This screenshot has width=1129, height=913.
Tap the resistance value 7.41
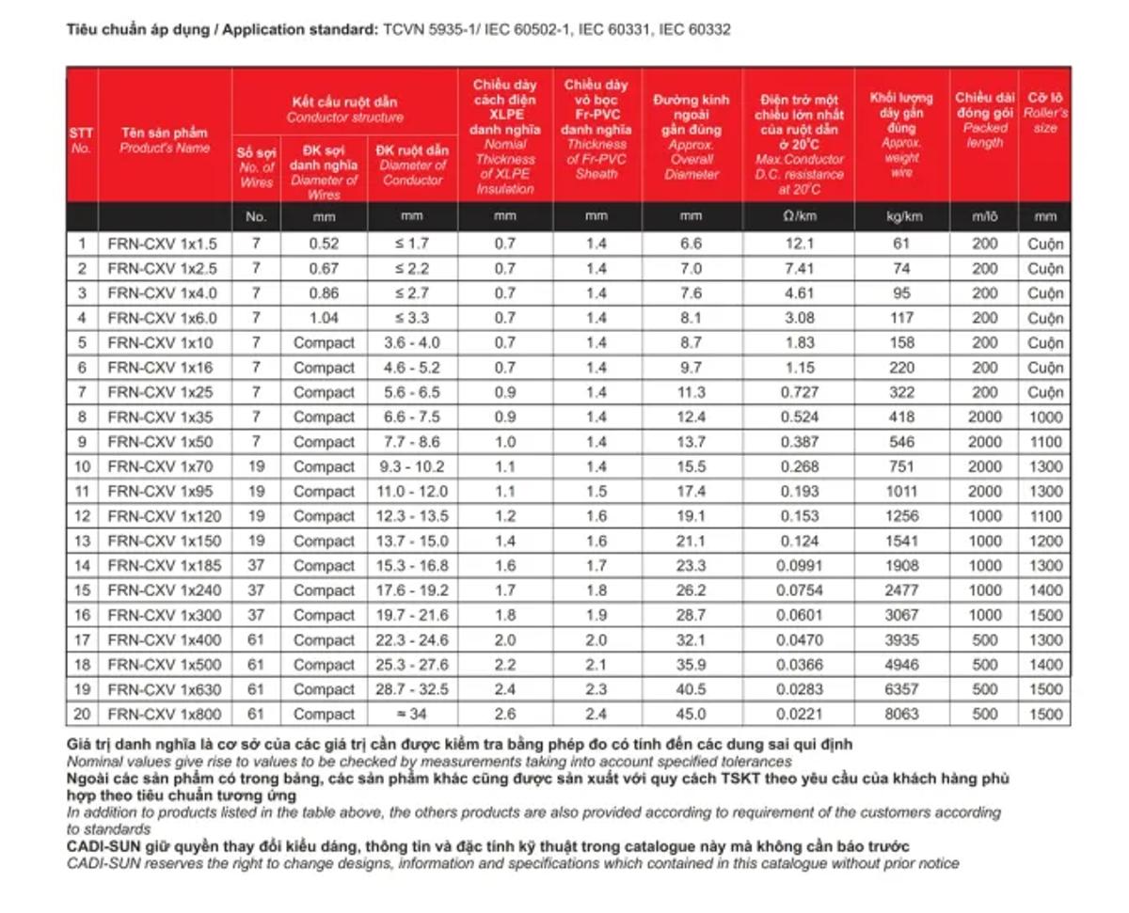pos(798,268)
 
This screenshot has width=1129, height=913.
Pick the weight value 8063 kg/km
pos(901,714)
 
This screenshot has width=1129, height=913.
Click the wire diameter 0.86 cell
pos(324,292)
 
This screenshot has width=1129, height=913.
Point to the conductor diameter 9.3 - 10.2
pos(411,466)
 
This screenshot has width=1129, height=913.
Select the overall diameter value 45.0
pos(691,714)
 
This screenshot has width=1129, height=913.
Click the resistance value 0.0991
pos(798,565)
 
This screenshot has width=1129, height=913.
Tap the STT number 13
pos(82,541)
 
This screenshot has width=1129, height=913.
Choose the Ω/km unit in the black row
pos(798,216)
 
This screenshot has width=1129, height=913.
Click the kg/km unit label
pos(901,216)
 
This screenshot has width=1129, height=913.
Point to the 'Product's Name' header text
pos(165,149)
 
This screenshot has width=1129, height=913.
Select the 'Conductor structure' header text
pos(344,118)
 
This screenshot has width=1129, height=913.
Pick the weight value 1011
pos(901,491)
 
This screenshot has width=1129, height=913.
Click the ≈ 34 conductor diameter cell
pos(411,714)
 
